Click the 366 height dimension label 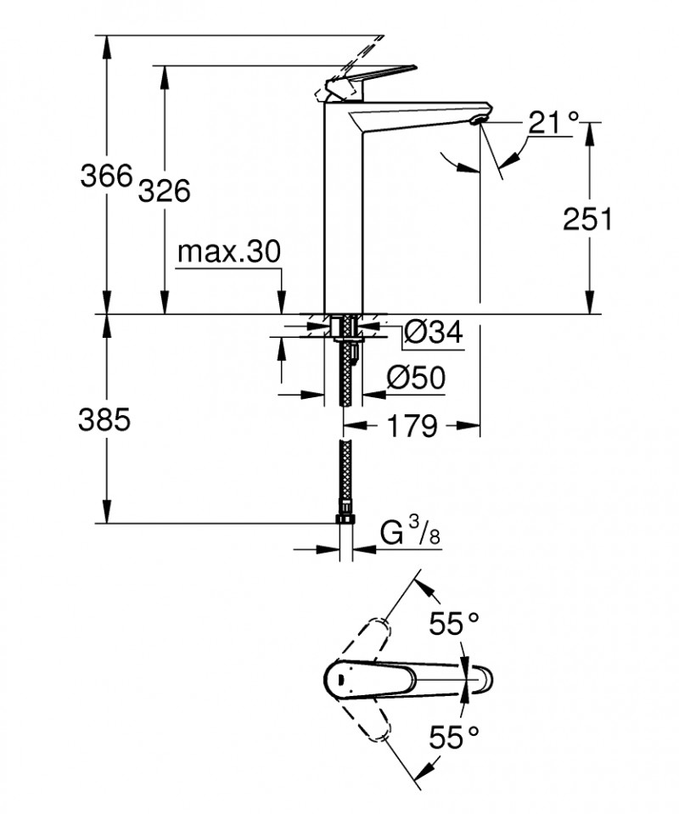pyautogui.click(x=107, y=177)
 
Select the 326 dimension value pyautogui.click(x=163, y=192)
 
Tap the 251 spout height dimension pyautogui.click(x=587, y=219)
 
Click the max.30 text pyautogui.click(x=228, y=252)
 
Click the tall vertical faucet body pyautogui.click(x=345, y=212)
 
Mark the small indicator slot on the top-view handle pyautogui.click(x=339, y=678)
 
